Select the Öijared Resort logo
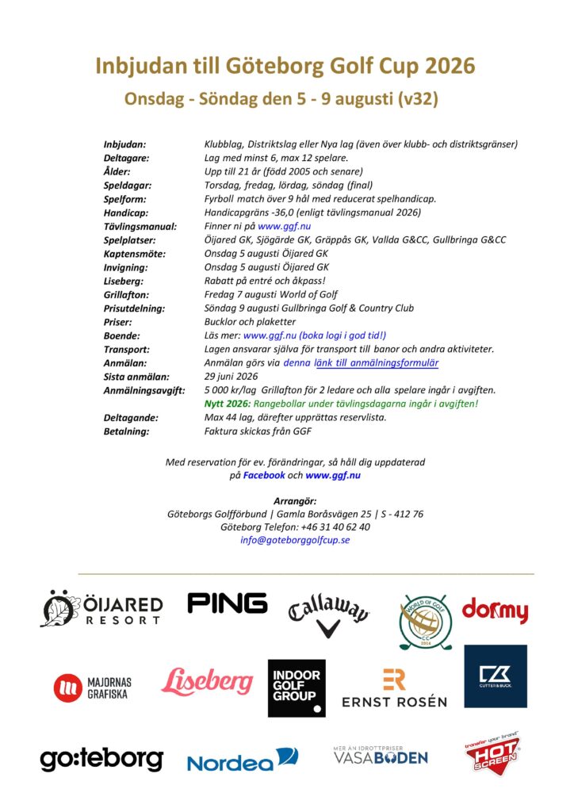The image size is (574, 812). [x=101, y=609]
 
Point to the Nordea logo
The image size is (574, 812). [x=242, y=760]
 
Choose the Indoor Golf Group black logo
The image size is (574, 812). [x=297, y=687]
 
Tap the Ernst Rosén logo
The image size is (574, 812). [x=394, y=688]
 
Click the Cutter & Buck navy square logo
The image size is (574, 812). [x=496, y=676]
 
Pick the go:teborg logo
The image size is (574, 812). [x=101, y=758]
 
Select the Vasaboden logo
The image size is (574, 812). [x=380, y=756]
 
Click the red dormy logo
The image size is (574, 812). [x=495, y=611]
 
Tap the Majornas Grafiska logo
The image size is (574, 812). [x=93, y=687]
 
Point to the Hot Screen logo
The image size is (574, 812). [x=492, y=756]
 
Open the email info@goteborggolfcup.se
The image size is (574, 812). [x=295, y=539]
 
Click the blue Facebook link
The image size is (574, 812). [x=264, y=474]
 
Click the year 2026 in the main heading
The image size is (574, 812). [x=447, y=66]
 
